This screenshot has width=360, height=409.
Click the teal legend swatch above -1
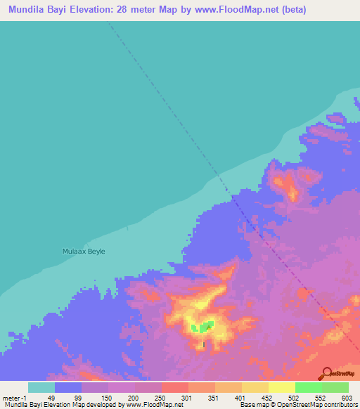(41, 387)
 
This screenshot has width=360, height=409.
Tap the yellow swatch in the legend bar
(281, 387)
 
